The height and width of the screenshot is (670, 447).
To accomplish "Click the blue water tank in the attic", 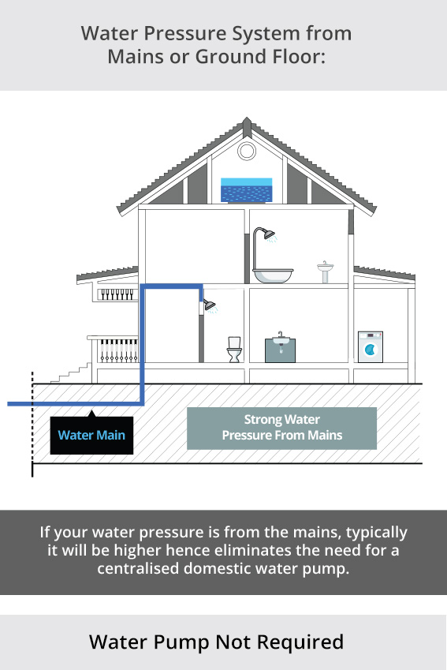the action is click(x=246, y=190).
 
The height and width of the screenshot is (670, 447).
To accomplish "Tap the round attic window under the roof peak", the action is click(x=246, y=151).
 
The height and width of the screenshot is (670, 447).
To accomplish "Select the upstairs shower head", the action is click(x=269, y=234).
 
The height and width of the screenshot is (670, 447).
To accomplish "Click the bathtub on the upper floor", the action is click(x=273, y=275).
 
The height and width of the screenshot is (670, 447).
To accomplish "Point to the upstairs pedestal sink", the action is click(x=326, y=271).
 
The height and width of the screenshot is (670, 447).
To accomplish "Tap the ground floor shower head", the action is click(x=210, y=305).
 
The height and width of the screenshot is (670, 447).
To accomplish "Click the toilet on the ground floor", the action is click(x=234, y=350).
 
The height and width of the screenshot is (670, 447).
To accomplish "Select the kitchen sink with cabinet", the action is click(x=280, y=348).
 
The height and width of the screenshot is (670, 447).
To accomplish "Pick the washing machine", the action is click(x=371, y=347).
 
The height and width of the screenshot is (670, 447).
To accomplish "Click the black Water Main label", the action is click(x=91, y=435).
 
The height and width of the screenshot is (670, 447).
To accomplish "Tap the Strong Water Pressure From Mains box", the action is click(x=281, y=429).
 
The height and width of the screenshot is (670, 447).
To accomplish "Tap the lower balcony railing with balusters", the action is click(x=114, y=350).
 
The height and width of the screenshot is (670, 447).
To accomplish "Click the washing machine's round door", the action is click(x=370, y=350).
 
